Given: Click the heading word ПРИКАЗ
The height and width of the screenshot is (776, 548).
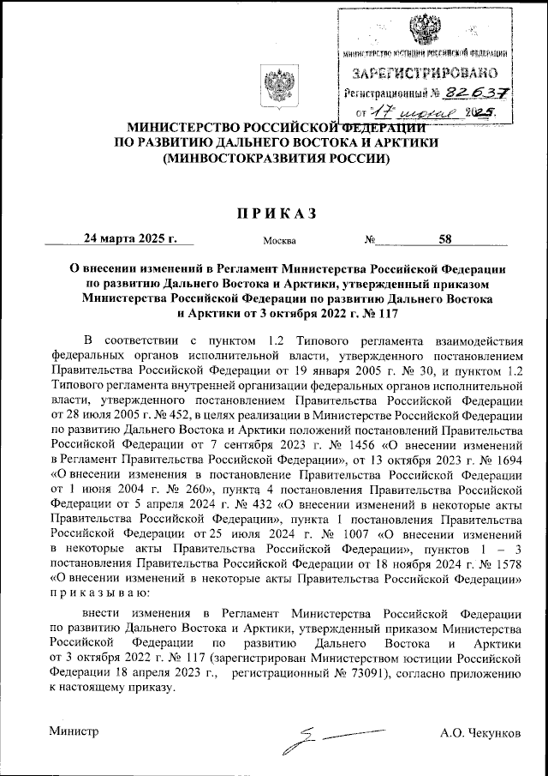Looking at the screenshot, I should pyautogui.click(x=274, y=213).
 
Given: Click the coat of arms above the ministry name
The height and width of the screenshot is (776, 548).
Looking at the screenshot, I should pyautogui.click(x=275, y=89).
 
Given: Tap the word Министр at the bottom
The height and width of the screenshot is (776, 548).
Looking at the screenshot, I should pyautogui.click(x=74, y=731).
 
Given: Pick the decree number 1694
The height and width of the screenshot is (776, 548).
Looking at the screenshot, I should pyautogui.click(x=504, y=461).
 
